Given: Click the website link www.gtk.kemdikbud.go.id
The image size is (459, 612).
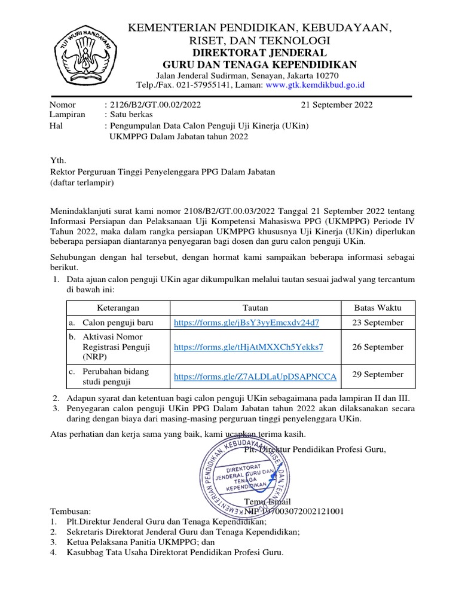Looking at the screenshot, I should pyautogui.click(x=315, y=85).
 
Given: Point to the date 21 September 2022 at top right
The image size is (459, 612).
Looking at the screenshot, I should pyautogui.click(x=336, y=105).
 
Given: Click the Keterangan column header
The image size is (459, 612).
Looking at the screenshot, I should pyautogui.click(x=118, y=308).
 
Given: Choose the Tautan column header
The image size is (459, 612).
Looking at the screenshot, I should pyautogui.click(x=255, y=308).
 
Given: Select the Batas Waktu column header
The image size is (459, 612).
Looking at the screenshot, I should pyautogui.click(x=378, y=308).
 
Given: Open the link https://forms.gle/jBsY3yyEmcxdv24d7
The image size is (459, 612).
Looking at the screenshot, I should pyautogui.click(x=246, y=323).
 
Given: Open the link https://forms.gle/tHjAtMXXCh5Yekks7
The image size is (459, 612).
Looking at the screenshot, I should pyautogui.click(x=248, y=347).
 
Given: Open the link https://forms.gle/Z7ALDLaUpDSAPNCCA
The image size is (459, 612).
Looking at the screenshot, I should pyautogui.click(x=255, y=376).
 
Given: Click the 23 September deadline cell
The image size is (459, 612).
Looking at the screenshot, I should pyautogui.click(x=378, y=323).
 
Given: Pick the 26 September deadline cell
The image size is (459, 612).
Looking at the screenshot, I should pyautogui.click(x=378, y=347).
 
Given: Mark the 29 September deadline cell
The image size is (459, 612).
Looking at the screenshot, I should pyautogui.click(x=378, y=375).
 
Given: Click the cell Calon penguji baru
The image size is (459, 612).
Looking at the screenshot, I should pyautogui.click(x=118, y=323).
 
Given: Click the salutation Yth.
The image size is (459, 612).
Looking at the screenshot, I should pyautogui.click(x=57, y=160).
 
